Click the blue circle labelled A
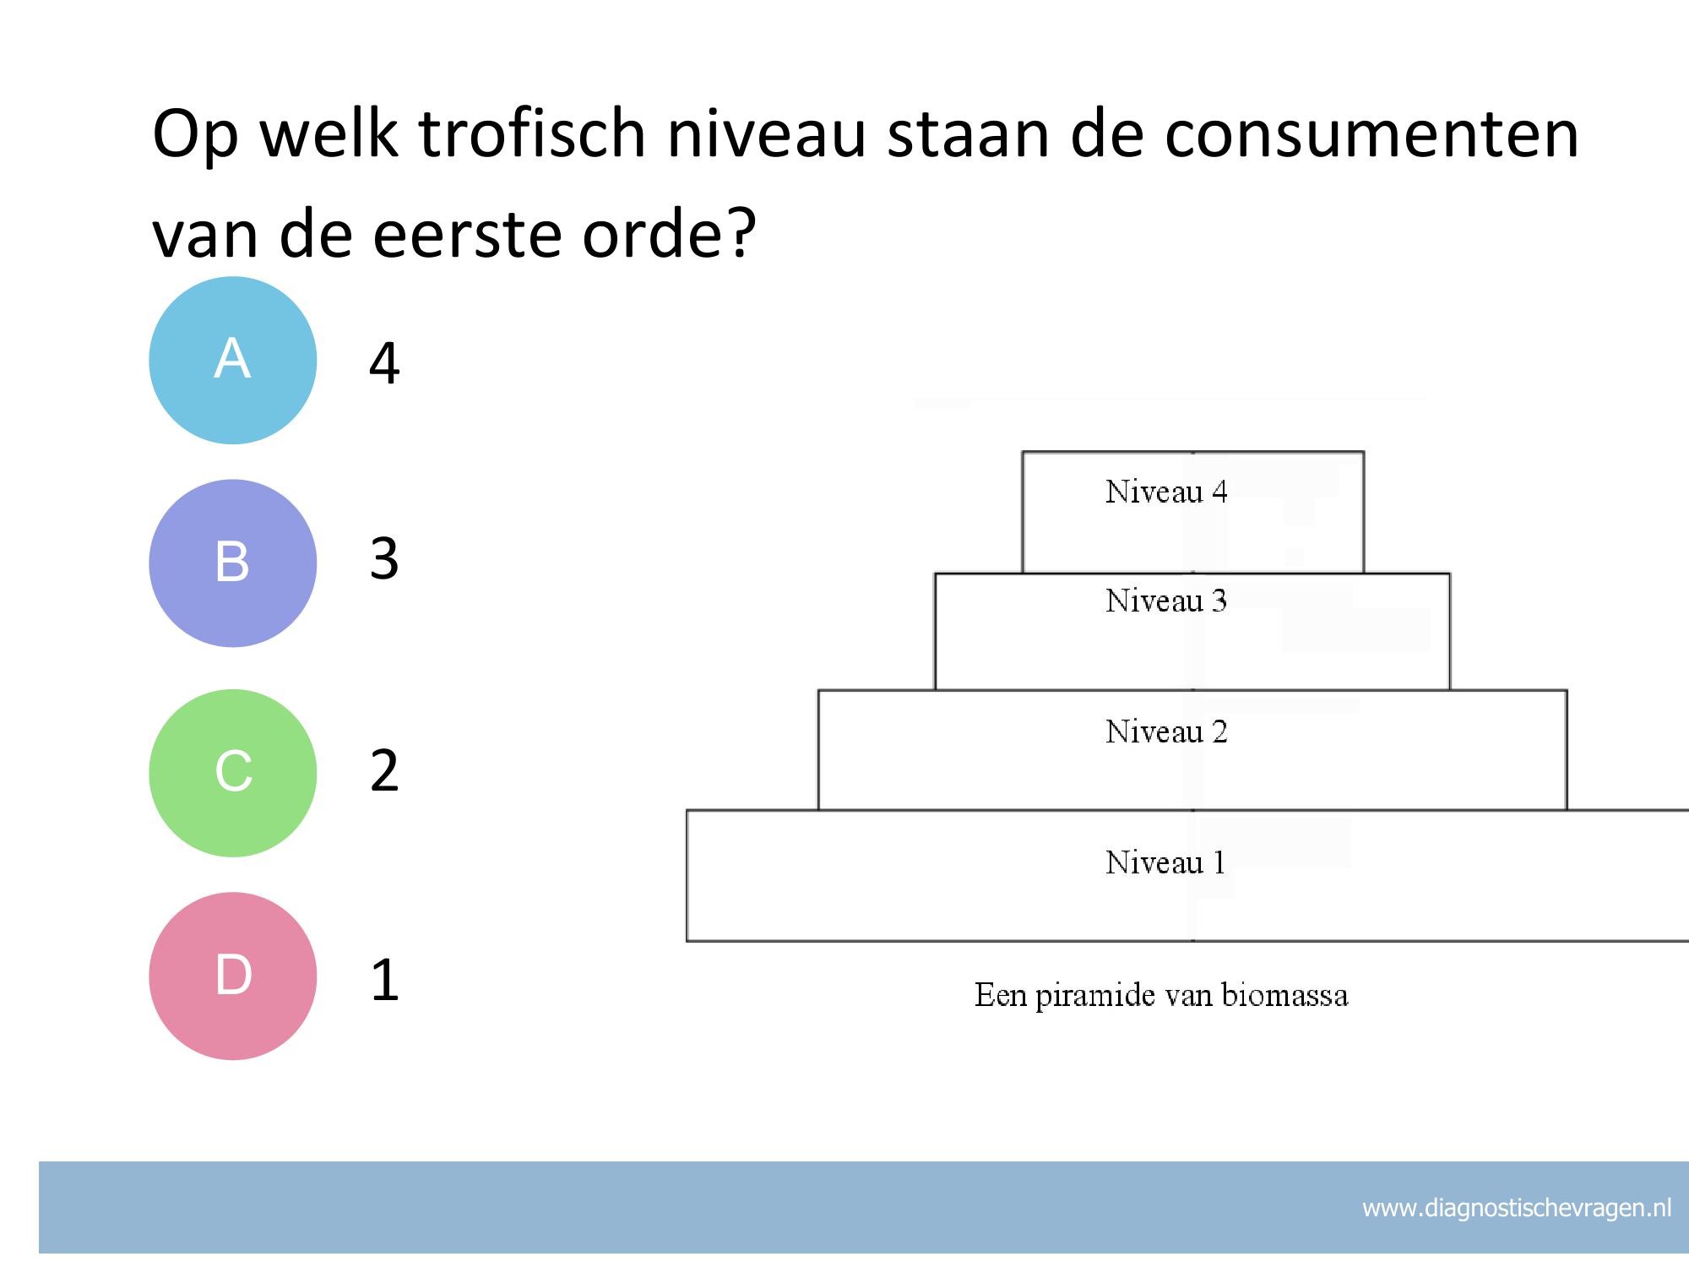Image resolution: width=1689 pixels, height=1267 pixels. [x=233, y=361]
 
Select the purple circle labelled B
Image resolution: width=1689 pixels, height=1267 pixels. [x=233, y=563]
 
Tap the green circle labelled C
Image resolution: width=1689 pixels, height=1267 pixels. [x=233, y=773]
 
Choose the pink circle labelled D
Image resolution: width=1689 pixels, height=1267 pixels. [x=233, y=976]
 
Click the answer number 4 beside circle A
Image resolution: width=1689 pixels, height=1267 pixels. [x=384, y=364]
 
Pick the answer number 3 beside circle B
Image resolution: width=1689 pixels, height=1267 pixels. [x=384, y=558]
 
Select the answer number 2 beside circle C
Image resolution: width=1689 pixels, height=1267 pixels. [x=384, y=770]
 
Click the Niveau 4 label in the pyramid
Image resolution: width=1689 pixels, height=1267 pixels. [x=1166, y=492]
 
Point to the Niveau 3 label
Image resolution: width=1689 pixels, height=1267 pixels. [x=1166, y=601]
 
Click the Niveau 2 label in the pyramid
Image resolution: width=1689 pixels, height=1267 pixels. [x=1166, y=731]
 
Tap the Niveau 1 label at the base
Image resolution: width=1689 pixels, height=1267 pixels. [x=1165, y=862]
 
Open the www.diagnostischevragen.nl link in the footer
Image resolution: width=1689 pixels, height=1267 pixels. [x=1517, y=1209]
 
